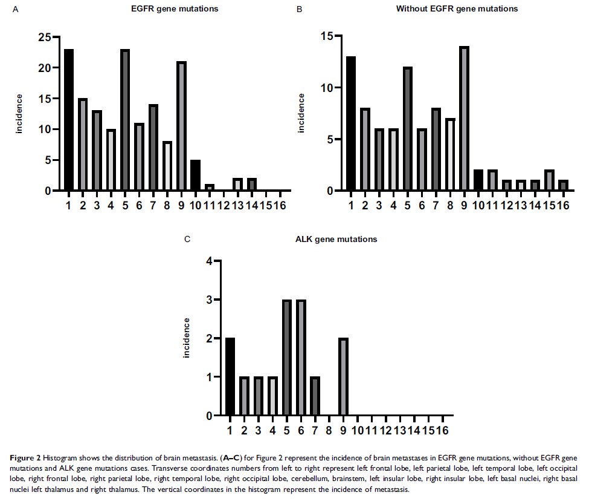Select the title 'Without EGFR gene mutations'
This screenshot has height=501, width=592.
[457, 9]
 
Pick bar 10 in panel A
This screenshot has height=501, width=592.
[195, 175]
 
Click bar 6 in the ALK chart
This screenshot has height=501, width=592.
[301, 358]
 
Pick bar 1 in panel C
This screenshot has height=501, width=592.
[230, 377]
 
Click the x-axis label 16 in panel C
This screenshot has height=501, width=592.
[444, 430]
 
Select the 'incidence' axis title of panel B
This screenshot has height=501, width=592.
[301, 114]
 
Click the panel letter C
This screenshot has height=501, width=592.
[187, 240]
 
